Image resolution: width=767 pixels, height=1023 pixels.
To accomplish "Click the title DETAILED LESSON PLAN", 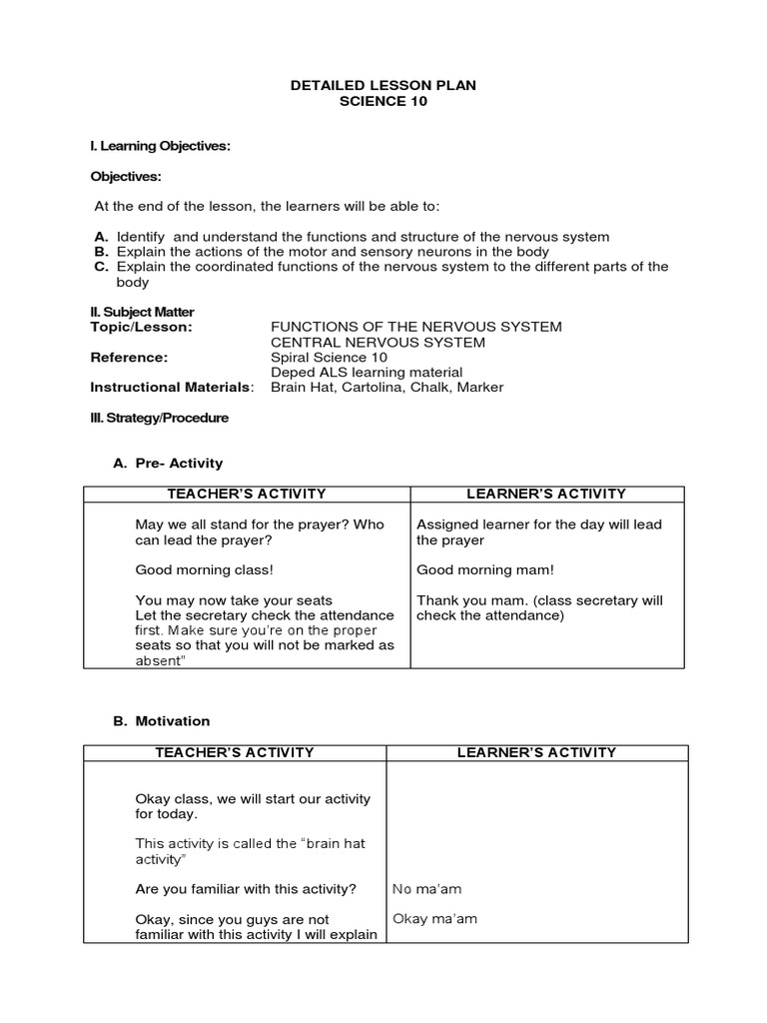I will (x=383, y=86).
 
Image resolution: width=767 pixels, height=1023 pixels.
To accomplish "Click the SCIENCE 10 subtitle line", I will (x=383, y=102).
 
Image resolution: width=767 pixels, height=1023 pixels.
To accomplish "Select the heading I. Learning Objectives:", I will (x=161, y=146).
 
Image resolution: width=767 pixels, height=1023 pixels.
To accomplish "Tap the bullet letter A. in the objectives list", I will (x=101, y=237).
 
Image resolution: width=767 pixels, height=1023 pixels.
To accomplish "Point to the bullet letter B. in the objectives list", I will (x=101, y=252).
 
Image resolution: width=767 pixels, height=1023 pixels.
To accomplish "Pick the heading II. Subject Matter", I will (x=142, y=312).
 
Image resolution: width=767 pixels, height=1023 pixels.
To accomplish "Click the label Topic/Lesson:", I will (x=141, y=327).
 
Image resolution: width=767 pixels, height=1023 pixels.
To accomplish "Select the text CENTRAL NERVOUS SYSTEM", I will (x=364, y=342).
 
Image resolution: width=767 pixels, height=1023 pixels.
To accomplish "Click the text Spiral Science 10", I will (x=329, y=357).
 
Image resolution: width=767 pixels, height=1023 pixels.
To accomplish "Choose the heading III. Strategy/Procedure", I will (x=160, y=418).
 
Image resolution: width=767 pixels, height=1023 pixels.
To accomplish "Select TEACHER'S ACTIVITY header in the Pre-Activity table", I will (x=247, y=494).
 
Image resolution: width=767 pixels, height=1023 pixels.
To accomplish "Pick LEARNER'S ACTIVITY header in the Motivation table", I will (x=536, y=752).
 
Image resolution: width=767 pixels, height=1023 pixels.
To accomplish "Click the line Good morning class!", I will (x=204, y=569).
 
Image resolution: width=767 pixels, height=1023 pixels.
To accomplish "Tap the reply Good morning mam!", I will (x=484, y=569).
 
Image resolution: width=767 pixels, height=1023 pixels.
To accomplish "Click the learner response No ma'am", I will (x=427, y=888).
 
